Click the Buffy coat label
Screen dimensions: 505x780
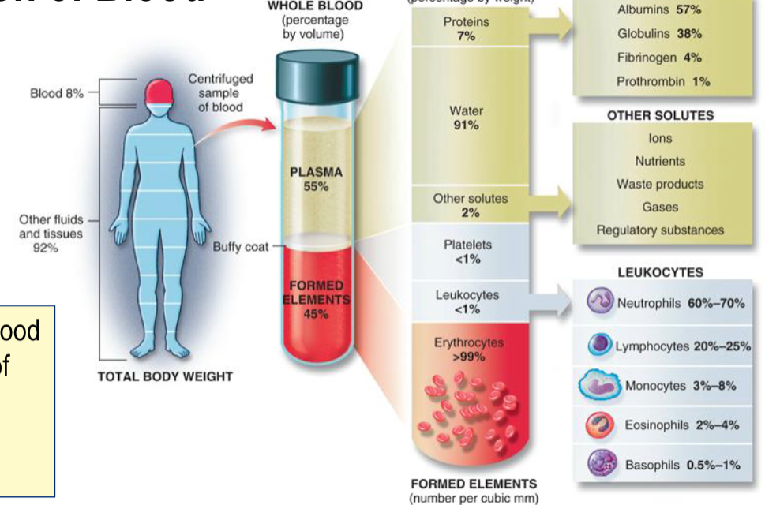click(x=240, y=247)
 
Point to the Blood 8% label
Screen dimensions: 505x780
click(x=57, y=93)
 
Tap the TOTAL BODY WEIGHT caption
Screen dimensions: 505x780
click(x=165, y=376)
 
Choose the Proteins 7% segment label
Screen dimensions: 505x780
click(x=466, y=29)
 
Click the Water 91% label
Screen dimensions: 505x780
click(x=466, y=118)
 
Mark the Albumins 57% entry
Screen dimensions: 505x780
click(x=659, y=10)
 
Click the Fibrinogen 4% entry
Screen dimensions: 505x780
click(x=659, y=58)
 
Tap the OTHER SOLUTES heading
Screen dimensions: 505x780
click(x=660, y=115)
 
